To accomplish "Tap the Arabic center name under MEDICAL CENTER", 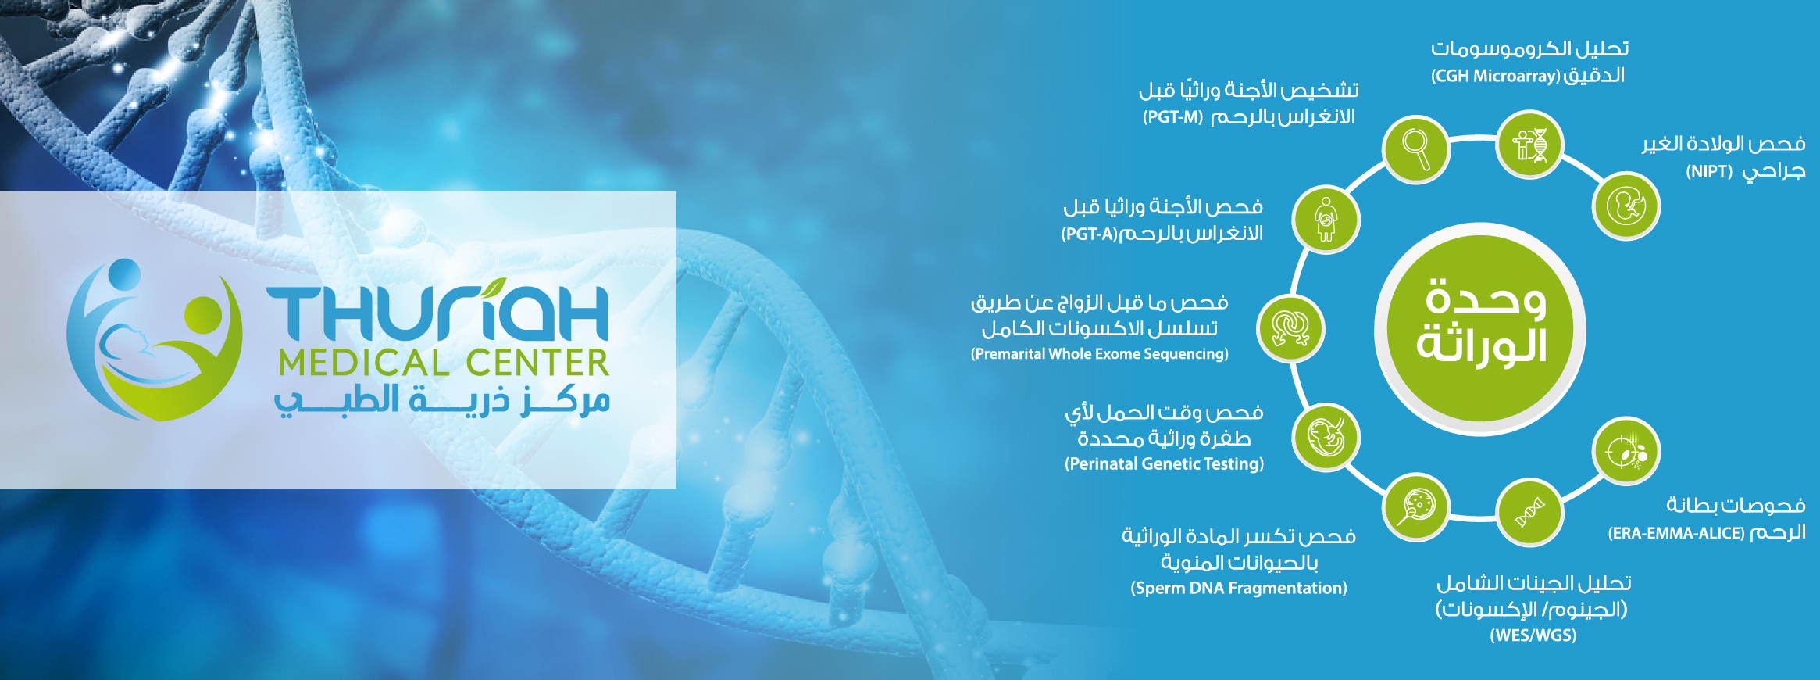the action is (441, 400).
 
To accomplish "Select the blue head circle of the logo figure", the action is (124, 274).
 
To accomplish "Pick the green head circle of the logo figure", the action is (204, 315).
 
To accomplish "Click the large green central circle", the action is (1480, 329).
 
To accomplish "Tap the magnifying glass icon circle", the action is (1415, 149).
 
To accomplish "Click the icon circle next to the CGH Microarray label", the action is (1529, 145).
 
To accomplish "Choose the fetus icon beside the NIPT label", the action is (1626, 206).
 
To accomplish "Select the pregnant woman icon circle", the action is (1326, 220).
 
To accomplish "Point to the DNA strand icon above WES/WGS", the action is (1529, 513).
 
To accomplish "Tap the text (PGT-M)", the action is (1172, 118).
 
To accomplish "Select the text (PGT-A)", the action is (1090, 234).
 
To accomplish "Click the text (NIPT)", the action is (1709, 172).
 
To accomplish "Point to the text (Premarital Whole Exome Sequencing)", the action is (1099, 354).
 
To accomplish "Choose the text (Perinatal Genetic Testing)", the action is (1164, 464).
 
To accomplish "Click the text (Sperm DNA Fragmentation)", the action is (1239, 589).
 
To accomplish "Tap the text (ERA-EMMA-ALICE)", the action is (1675, 534).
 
